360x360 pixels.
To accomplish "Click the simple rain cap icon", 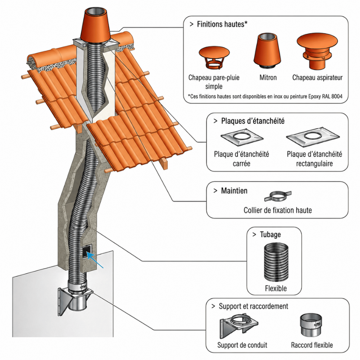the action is [x=214, y=57].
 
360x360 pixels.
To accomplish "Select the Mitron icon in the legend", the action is [x=267, y=50].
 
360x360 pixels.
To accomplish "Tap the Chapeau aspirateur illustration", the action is [x=317, y=51].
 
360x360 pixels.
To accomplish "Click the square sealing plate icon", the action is [x=242, y=137].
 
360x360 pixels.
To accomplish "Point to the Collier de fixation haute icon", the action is [x=278, y=196].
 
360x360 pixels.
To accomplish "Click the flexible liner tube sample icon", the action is [x=276, y=262].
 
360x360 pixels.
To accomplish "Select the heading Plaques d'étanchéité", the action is [x=253, y=121].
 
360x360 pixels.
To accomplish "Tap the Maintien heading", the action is [x=234, y=190].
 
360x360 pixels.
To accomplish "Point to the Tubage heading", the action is [x=270, y=234].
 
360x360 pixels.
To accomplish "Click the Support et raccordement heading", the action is [x=253, y=306].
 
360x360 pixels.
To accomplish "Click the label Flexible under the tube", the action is [x=276, y=288].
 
